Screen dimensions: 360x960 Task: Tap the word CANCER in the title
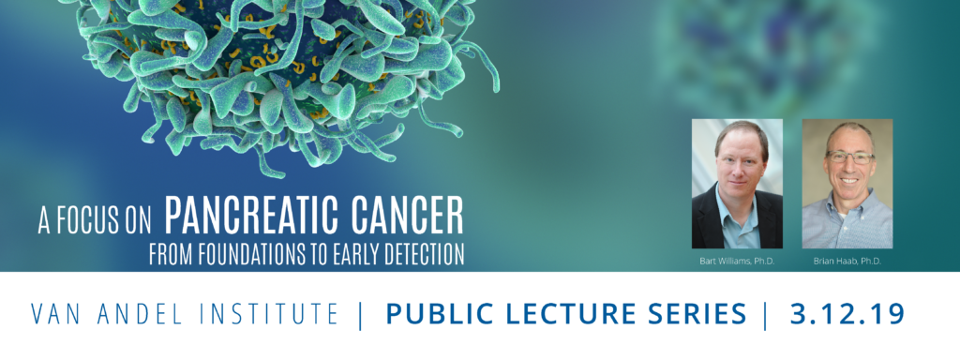pos(411,217)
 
